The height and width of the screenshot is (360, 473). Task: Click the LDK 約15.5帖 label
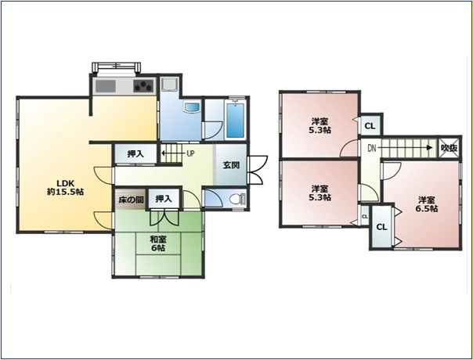66,188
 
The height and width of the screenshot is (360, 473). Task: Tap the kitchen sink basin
106,86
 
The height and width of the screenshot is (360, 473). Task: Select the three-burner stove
143,86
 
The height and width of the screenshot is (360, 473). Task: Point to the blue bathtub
235,121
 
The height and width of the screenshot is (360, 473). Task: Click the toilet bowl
237,199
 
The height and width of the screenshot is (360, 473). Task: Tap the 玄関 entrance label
231,165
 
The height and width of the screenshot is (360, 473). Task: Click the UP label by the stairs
190,153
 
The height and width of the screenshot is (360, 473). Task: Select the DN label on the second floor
372,148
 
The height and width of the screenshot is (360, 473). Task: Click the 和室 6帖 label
158,243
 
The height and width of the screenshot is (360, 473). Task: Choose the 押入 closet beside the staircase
135,153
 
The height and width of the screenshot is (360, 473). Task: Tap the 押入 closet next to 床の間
164,199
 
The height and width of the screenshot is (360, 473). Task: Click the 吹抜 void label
450,148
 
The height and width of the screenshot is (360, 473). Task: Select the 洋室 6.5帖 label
427,204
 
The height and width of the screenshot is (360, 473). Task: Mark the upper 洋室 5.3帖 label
320,126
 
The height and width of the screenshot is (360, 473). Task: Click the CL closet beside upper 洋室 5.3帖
370,126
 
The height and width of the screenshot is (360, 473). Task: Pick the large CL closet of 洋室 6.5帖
382,227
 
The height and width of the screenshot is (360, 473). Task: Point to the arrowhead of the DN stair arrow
430,148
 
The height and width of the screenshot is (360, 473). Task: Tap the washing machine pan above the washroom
169,84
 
